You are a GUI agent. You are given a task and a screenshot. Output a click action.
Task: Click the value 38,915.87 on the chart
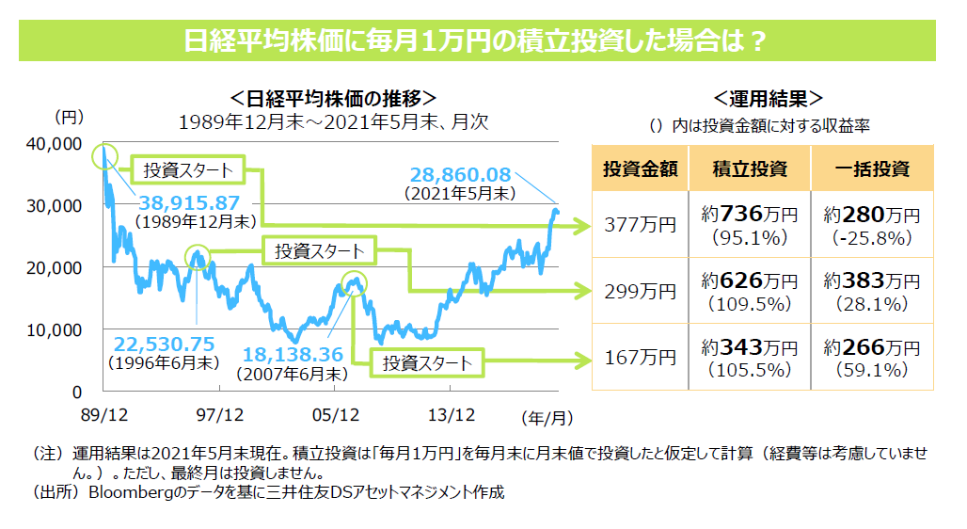click(x=188, y=202)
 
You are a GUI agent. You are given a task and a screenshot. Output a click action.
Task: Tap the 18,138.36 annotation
click(x=294, y=355)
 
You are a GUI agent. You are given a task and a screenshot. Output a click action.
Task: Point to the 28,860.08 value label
click(x=460, y=174)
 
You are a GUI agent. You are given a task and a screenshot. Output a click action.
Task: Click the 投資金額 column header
click(x=640, y=168)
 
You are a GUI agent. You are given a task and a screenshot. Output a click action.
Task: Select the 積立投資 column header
click(x=749, y=168)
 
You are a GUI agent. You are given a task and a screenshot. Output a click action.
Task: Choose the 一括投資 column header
click(x=872, y=168)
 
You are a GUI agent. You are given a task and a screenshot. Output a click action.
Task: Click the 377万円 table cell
click(x=640, y=225)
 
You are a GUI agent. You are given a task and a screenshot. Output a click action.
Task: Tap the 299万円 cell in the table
click(x=640, y=291)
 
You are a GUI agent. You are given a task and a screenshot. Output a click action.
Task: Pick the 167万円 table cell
click(x=640, y=357)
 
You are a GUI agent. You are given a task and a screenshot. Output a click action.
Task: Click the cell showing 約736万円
click(x=749, y=225)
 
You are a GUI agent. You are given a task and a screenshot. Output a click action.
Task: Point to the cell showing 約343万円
click(x=749, y=357)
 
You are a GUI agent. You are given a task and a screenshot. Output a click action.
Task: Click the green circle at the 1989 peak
click(x=104, y=158)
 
